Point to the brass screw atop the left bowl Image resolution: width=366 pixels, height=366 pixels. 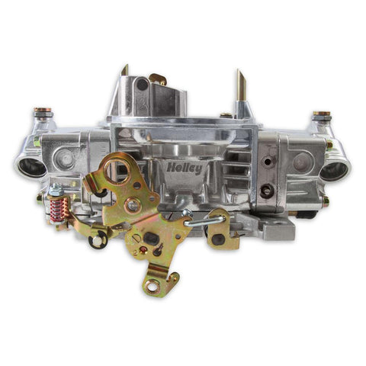click(43, 114)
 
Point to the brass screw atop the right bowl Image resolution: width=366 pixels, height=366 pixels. click(321, 116)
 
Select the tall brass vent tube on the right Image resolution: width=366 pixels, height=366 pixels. click(239, 88)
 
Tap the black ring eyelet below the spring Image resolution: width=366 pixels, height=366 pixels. click(97, 241)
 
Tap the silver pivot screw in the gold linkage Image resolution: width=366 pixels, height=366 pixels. click(133, 204)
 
